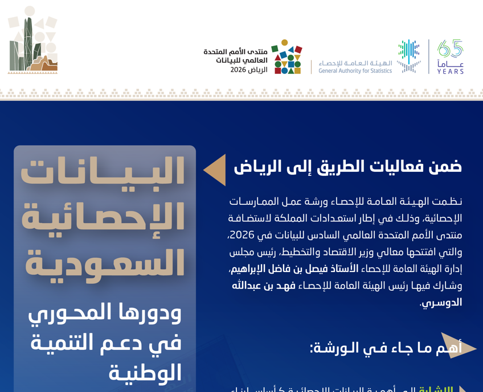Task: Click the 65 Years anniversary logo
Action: point(450,57)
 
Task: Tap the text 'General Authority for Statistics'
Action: point(355,71)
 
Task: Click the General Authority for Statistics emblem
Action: point(409,56)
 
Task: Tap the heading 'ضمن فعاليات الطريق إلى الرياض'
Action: point(347,166)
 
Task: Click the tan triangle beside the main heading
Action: point(215,170)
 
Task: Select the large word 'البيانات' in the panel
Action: point(104,172)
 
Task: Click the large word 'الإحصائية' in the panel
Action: point(104,218)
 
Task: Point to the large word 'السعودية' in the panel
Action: point(104,263)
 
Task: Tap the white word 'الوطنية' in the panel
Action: point(145,373)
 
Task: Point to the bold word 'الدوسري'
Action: point(441,303)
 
